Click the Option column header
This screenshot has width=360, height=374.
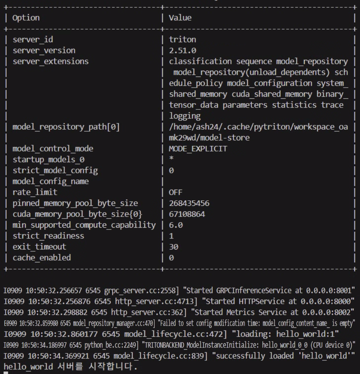tap(26, 18)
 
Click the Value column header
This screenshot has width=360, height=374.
tap(180, 18)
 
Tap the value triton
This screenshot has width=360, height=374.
tap(182, 40)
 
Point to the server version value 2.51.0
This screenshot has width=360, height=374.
tap(182, 50)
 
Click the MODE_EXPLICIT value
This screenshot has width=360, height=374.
tap(198, 149)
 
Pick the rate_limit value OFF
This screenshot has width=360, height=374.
tap(175, 192)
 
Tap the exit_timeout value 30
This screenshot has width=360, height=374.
tap(174, 247)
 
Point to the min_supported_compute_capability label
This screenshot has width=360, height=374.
tap(84, 225)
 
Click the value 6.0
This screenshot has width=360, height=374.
tap(176, 225)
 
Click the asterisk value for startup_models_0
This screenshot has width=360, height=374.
tap(171, 159)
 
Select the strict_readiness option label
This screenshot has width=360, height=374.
tap(48, 236)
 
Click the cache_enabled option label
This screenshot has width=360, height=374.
tap(42, 258)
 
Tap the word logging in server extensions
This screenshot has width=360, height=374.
tap(185, 116)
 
